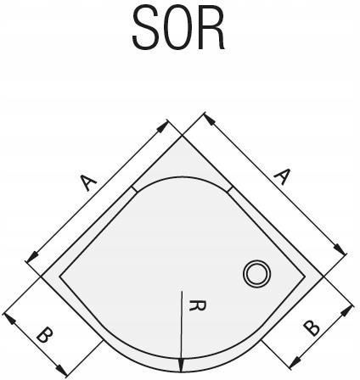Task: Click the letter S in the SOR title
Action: point(146,28)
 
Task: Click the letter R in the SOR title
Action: point(211,28)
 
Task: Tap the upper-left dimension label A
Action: point(88,182)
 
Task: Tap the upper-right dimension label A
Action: point(282,176)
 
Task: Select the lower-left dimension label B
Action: point(45,335)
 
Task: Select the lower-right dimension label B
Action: point(312,328)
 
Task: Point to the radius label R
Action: point(197,306)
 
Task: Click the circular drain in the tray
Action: point(256,274)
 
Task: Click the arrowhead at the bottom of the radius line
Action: point(182,365)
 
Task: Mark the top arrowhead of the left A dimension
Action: point(162,127)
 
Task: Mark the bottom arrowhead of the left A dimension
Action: point(32,256)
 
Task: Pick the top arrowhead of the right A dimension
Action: point(209,119)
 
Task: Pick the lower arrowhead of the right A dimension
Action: point(340,249)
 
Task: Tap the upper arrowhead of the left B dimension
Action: point(9,320)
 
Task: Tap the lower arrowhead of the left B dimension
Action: point(61,371)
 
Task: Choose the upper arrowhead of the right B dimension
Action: point(346,311)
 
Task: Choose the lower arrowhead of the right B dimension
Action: point(295,363)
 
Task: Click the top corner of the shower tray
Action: point(182,136)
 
